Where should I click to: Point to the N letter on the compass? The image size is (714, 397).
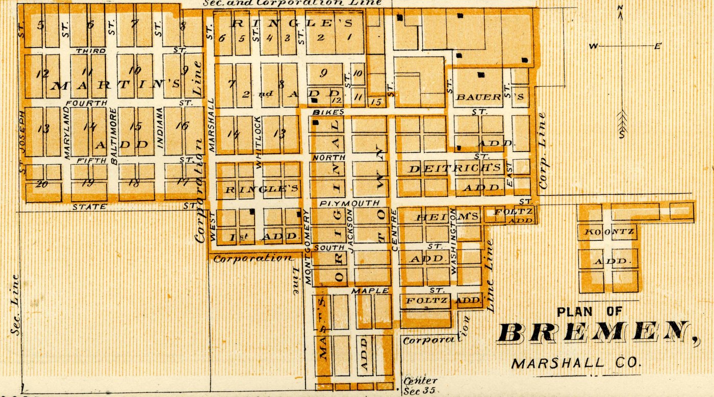click(x=620, y=7)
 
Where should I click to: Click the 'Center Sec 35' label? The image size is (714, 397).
click(x=419, y=386)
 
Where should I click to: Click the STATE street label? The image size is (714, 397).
click(x=89, y=207)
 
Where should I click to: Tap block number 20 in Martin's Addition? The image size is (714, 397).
click(x=41, y=184)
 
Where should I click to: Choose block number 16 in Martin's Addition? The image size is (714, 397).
click(x=182, y=126)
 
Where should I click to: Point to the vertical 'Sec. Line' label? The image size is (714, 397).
click(x=15, y=305)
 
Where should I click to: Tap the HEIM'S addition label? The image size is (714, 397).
click(x=448, y=217)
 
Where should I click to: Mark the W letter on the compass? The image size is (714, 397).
click(x=593, y=46)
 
